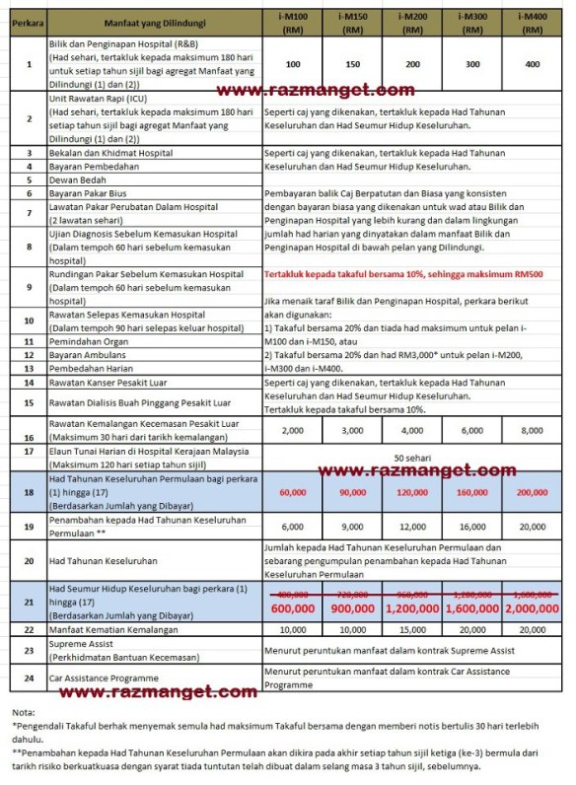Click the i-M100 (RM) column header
[x=292, y=21]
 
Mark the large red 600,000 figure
[x=292, y=608]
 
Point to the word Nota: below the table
[x=24, y=712]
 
